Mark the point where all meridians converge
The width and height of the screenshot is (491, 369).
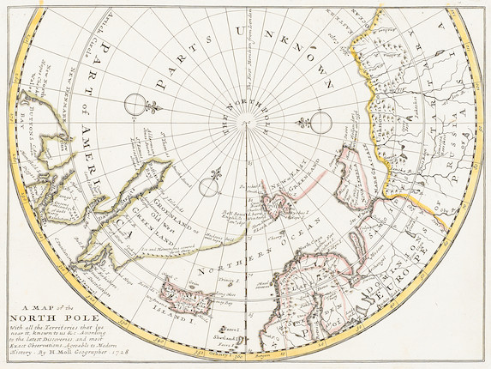tap(248, 126)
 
